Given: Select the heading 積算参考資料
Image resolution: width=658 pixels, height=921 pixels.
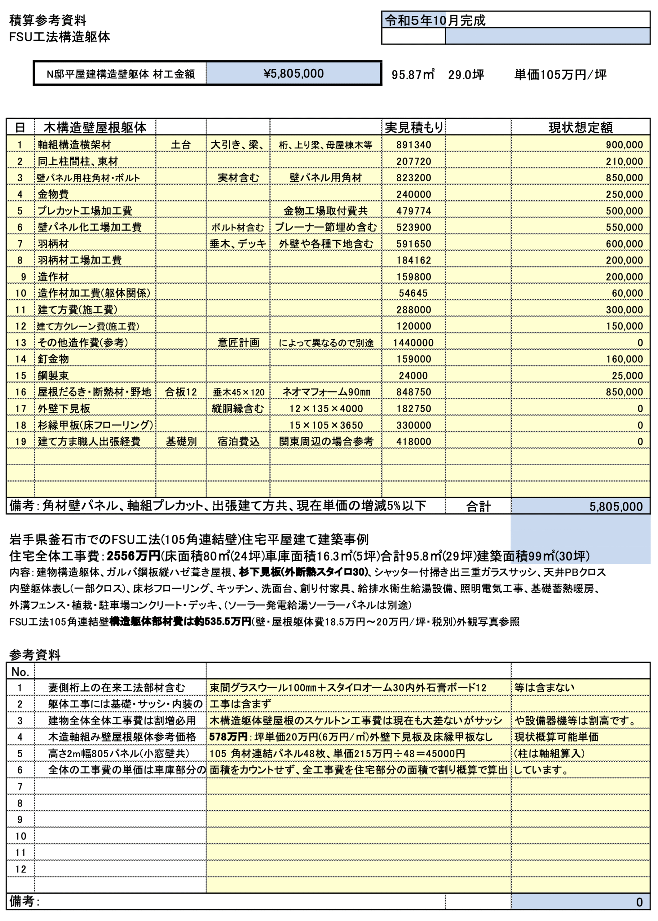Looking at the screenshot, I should [47, 20].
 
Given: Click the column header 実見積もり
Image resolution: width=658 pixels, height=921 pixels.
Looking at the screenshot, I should [414, 127].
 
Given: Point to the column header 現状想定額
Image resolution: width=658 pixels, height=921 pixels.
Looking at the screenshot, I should [580, 127].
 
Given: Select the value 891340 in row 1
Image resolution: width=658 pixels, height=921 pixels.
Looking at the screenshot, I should [413, 145].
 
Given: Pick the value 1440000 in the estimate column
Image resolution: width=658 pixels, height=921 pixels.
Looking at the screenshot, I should [413, 342].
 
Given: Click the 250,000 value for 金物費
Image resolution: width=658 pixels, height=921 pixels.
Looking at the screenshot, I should [624, 194].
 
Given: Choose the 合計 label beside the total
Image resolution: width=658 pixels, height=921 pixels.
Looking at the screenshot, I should [478, 506].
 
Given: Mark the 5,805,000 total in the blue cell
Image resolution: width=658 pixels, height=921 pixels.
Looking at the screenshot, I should [616, 506].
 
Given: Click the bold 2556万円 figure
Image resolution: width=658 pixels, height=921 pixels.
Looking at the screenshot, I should [133, 555].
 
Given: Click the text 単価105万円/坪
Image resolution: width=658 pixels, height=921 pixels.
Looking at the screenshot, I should [561, 74].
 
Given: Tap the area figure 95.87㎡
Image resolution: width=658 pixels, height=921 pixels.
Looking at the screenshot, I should [413, 74].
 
